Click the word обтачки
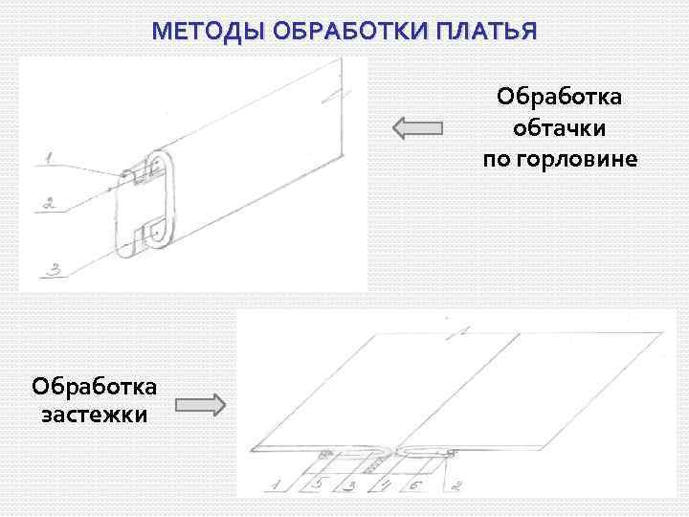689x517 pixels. point(559,126)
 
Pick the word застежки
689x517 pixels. point(94,416)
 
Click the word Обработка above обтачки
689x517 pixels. point(559,97)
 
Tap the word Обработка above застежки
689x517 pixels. point(94,386)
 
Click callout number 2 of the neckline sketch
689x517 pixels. point(49,204)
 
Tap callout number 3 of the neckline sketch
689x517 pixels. point(56,271)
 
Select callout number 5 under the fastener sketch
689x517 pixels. point(318,484)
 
